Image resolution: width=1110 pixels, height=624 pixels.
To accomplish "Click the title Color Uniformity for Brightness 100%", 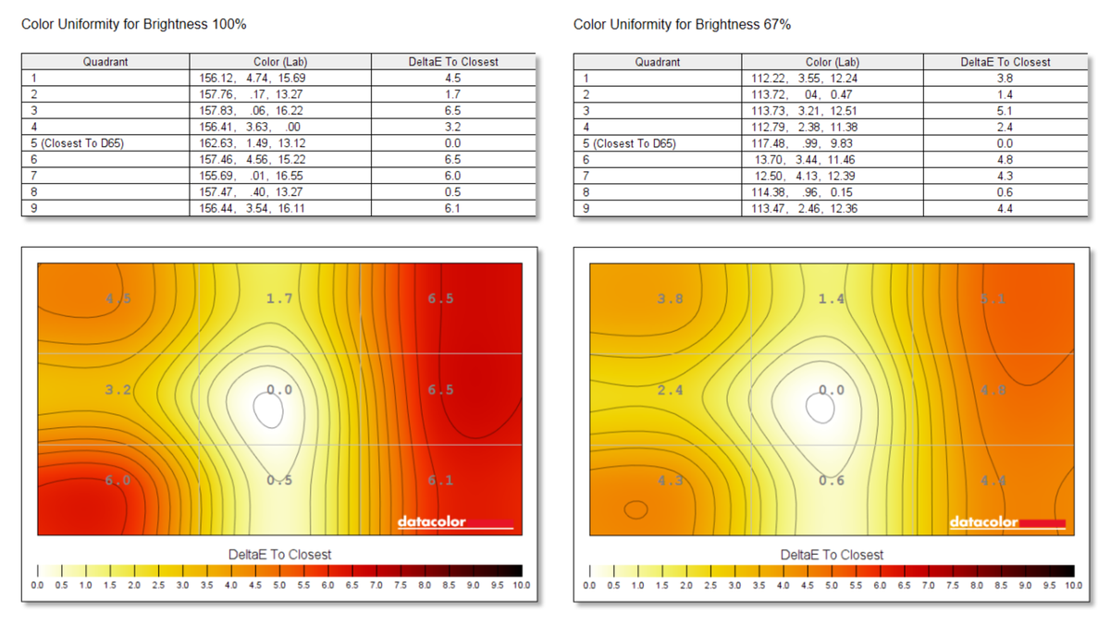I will pos(133,24).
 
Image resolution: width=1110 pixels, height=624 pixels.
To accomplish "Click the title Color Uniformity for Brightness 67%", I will pos(682,24).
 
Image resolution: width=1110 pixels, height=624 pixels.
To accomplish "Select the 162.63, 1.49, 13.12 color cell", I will pos(253,143).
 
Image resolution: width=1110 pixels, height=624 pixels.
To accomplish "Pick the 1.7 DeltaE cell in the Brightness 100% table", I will pos(452,94).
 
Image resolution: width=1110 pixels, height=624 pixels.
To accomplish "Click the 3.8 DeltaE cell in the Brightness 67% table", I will pos(1005,79).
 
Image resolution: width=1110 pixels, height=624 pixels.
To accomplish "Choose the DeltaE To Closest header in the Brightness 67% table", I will pos(1005,62).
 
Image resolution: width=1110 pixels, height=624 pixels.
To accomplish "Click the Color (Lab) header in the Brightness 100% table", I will pos(279,62).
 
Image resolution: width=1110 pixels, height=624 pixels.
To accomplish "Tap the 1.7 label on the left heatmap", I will pos(279,299).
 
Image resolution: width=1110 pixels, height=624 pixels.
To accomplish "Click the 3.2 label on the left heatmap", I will pos(117,390).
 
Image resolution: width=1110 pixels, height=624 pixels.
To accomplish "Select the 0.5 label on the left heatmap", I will pos(279,480).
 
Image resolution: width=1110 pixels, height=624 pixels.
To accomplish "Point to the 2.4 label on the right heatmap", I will pos(670,390).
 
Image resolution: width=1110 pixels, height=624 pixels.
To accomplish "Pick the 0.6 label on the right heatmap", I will pos(832,480).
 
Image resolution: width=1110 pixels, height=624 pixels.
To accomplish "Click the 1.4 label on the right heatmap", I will pos(832,299).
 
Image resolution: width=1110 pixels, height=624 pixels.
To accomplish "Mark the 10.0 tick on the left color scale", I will pos(522,585).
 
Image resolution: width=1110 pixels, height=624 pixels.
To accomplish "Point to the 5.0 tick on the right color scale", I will pos(832,585).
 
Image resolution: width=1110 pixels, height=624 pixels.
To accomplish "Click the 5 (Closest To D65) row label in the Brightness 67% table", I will pos(630,143).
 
